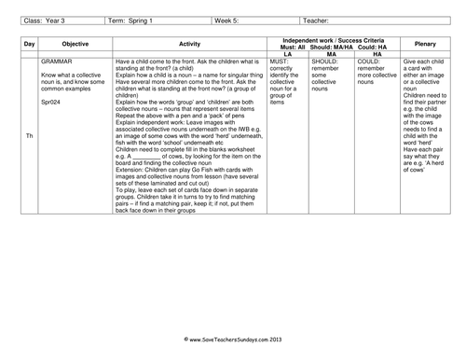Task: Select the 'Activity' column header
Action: click(x=189, y=44)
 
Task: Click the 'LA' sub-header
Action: click(x=285, y=53)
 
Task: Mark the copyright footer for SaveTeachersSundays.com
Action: click(x=234, y=341)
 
